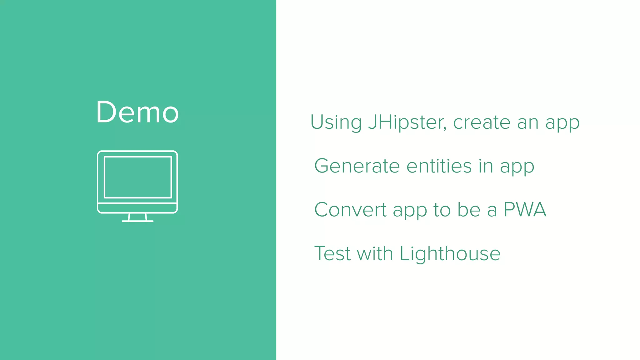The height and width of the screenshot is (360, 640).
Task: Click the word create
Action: (482, 122)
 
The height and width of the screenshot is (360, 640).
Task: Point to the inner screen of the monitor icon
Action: (138, 177)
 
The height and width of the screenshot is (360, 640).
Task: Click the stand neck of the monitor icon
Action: (137, 217)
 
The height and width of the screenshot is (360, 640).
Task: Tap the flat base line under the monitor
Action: (137, 221)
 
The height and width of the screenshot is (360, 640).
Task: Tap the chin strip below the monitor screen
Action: (137, 208)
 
